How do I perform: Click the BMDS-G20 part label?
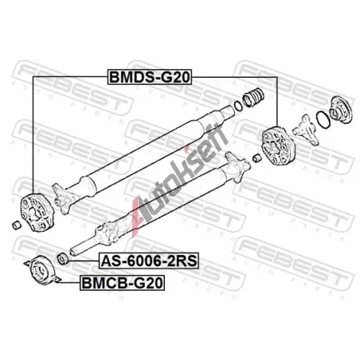(149, 77)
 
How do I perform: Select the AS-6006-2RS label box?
(149, 261)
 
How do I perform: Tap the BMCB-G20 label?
(122, 283)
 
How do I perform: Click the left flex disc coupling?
(37, 212)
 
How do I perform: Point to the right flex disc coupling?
(279, 145)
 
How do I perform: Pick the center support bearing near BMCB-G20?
(42, 270)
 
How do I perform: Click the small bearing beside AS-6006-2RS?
(63, 258)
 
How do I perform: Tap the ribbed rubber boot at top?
(253, 97)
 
